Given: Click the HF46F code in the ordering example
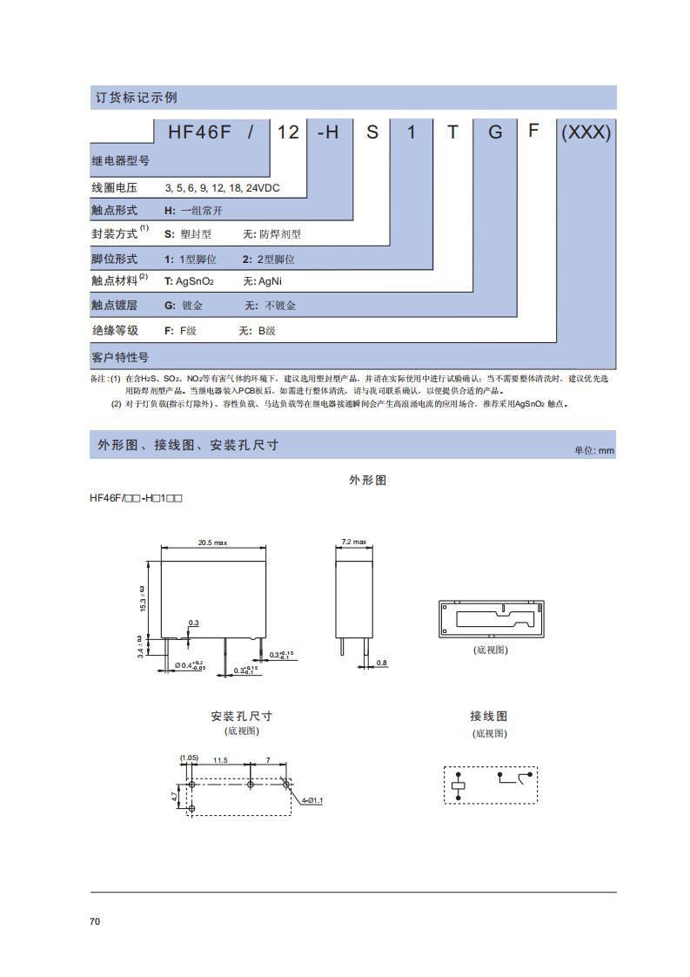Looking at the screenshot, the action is [198, 132].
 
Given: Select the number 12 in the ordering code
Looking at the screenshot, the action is [288, 132].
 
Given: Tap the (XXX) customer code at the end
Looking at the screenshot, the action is [586, 132].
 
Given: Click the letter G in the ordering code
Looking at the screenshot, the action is [495, 132].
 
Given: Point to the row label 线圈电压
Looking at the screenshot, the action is [115, 188].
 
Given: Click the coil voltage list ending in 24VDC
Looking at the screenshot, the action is [223, 188].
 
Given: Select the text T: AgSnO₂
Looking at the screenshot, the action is [189, 281].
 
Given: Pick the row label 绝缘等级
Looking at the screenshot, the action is [115, 331].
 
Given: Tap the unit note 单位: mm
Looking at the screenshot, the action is [594, 450].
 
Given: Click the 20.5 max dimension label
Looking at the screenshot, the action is [212, 542].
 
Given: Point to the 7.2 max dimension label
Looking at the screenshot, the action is [353, 542].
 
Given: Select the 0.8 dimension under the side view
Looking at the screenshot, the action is [381, 664].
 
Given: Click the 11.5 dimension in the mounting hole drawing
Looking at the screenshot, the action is [220, 760].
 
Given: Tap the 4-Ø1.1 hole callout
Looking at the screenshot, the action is [313, 800].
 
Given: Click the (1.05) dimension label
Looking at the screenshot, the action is [189, 758].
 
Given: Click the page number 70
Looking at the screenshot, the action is [95, 921].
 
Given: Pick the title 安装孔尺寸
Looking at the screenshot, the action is [241, 716].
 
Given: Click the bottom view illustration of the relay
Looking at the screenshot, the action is [491, 618].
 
